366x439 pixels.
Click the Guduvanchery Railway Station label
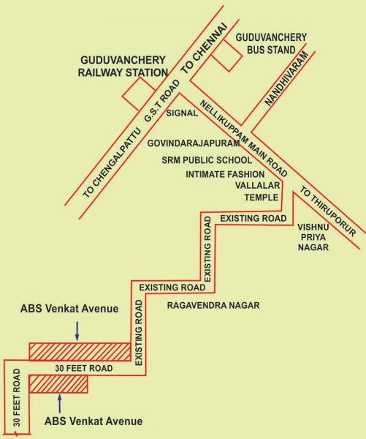pos(123,65)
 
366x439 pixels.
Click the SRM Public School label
pos(207,159)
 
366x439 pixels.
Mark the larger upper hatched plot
pos(79,351)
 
